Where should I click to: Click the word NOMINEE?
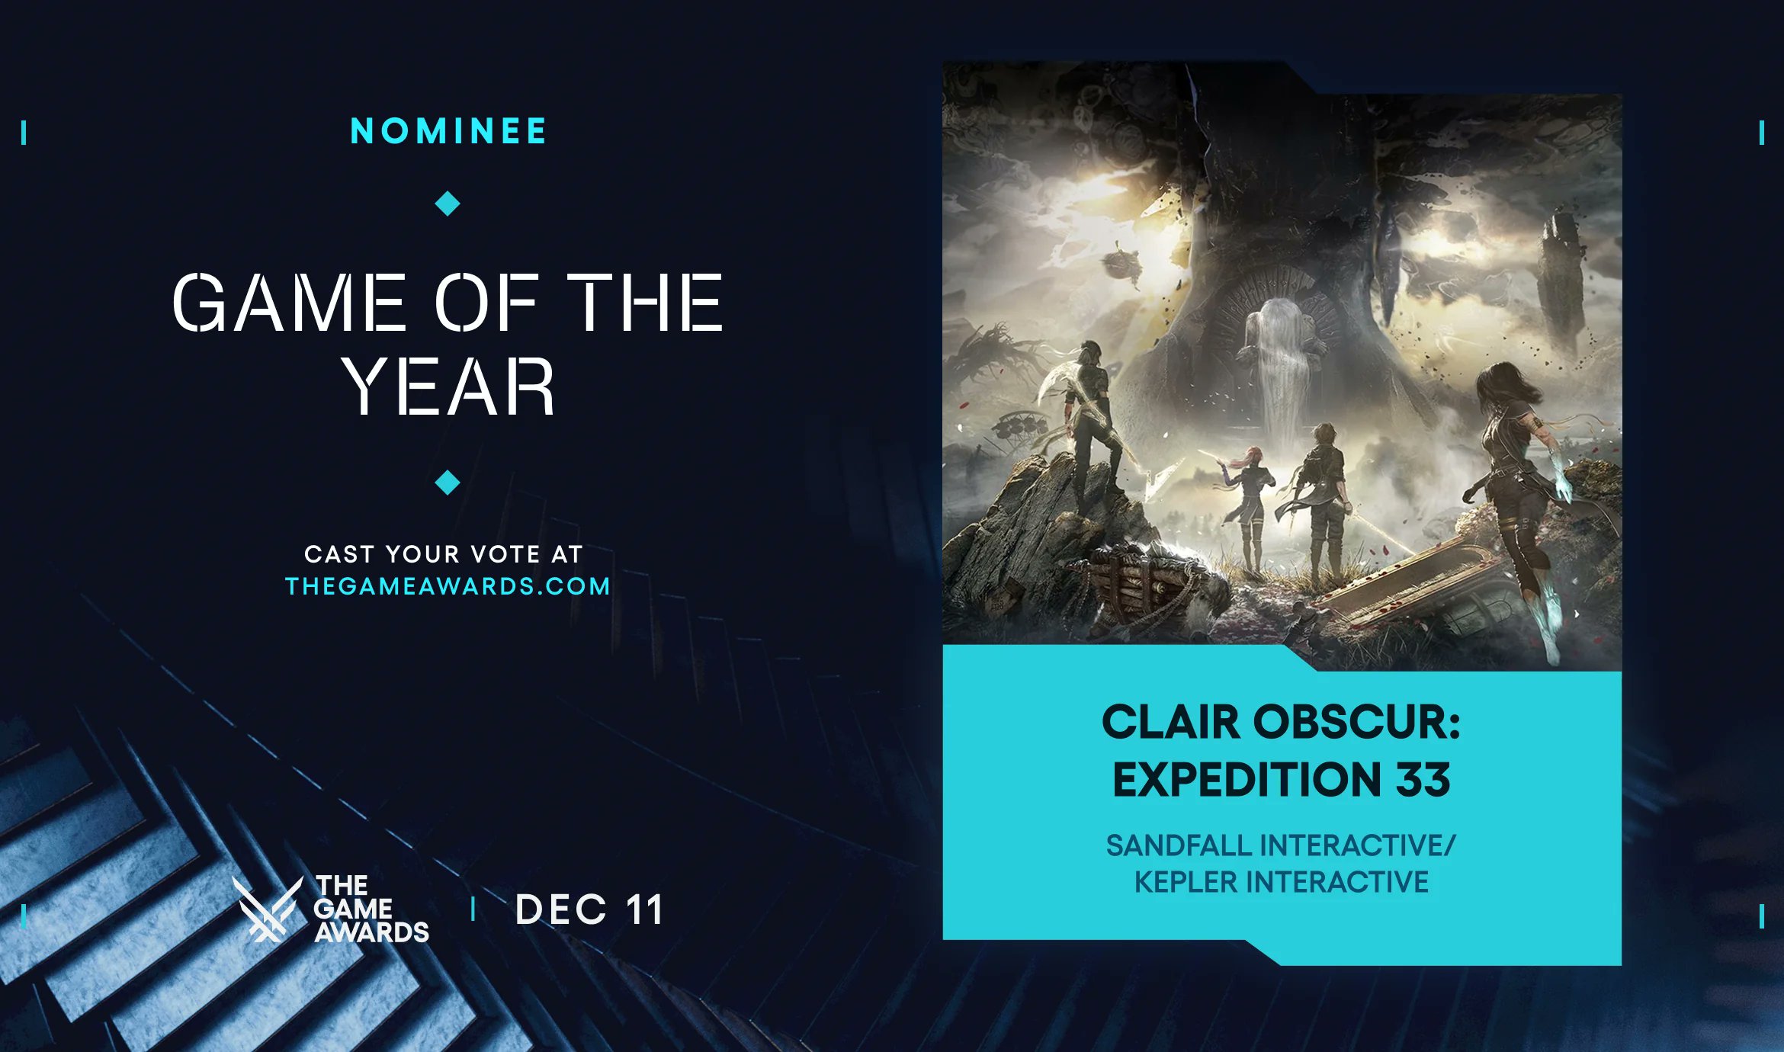pos(448,131)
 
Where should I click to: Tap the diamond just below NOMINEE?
pos(448,204)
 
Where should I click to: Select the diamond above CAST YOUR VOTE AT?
pos(448,483)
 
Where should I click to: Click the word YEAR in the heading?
pos(448,387)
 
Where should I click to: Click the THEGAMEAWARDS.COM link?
pos(448,586)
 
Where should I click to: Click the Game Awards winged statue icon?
pos(267,909)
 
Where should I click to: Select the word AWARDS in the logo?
pos(372,932)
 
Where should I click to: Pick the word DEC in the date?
pos(561,909)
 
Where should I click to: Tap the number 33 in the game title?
pos(1423,780)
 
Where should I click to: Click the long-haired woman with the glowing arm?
pos(1517,473)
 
